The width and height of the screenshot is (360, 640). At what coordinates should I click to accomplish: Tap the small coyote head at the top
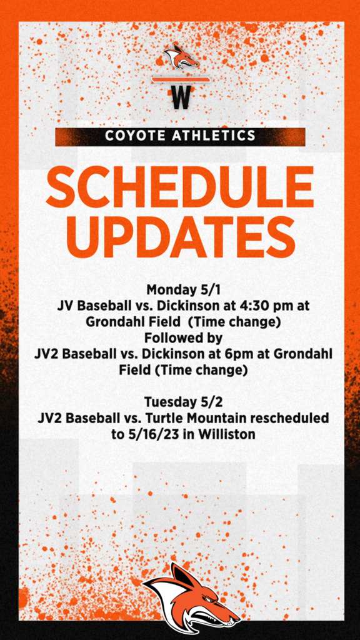181,56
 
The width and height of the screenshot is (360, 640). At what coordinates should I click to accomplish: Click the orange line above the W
181,79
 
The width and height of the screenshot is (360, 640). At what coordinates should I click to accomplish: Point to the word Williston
227,435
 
